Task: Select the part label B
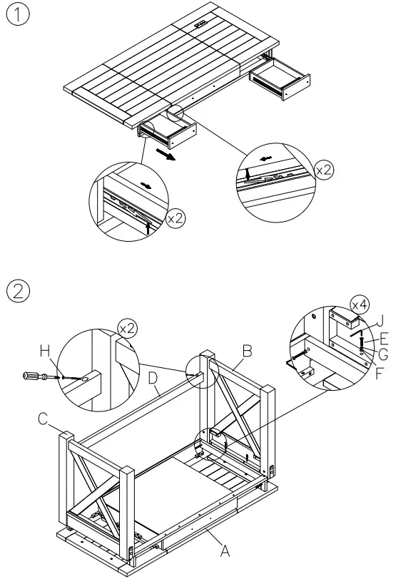[247, 351]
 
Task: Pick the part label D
[152, 376]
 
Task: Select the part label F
[380, 371]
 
